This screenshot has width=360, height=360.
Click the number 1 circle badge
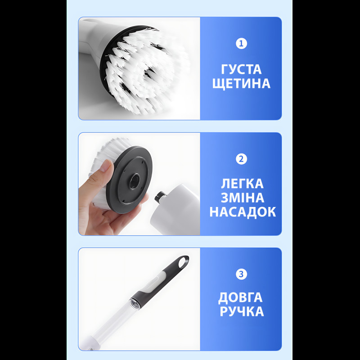241,43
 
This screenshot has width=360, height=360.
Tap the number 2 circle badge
241,159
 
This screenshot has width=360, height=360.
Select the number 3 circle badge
241,274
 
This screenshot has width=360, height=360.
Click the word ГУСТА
241,69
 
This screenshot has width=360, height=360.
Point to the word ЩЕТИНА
241,84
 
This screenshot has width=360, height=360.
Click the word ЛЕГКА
242,184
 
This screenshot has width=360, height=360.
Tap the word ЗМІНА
243,198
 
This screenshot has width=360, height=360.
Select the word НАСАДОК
243,211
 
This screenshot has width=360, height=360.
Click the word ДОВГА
240,298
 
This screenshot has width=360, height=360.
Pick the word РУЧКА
242,311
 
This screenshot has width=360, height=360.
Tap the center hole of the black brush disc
135,181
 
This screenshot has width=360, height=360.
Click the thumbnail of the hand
106,165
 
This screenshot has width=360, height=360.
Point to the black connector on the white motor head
160,196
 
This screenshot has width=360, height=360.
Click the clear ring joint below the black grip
135,303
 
